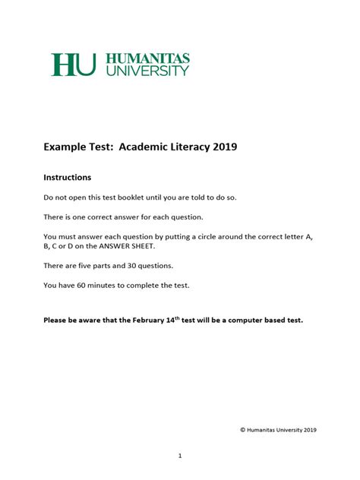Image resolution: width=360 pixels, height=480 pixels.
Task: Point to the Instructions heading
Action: coord(68,178)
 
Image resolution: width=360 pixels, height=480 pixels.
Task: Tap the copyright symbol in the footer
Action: coord(242,430)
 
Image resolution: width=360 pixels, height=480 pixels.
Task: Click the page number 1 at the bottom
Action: coord(180,456)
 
